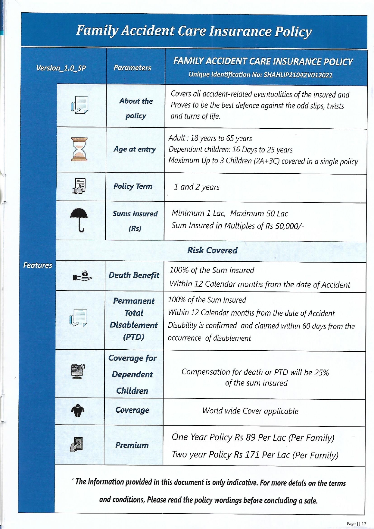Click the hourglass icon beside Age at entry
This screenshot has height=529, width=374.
79,149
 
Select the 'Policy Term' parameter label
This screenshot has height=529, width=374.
133,186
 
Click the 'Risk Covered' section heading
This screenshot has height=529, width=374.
212,250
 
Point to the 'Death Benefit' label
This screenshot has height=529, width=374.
134,275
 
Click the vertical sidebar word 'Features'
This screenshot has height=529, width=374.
38,265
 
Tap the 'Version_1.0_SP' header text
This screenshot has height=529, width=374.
61,68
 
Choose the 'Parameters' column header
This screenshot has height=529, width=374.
132,68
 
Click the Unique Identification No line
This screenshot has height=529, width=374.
260,75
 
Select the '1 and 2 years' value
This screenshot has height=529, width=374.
197,187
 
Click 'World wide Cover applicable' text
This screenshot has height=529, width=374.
250,411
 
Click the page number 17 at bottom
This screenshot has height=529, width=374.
364,524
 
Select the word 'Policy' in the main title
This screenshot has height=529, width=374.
293,31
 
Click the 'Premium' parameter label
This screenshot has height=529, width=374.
132,445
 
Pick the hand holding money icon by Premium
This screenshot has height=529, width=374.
77,445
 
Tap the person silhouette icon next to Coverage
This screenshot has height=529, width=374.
78,410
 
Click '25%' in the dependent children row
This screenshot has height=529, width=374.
322,373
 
